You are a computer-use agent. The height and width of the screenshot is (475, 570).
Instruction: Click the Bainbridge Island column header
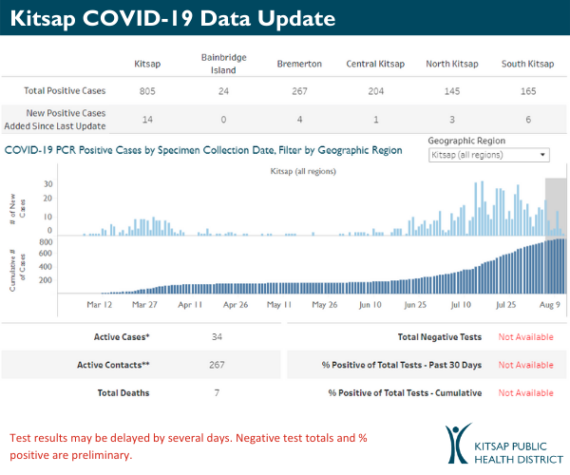click(x=224, y=63)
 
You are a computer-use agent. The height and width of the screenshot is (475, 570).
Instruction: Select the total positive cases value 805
click(x=145, y=90)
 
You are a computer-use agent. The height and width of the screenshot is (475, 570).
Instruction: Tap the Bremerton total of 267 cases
click(x=299, y=90)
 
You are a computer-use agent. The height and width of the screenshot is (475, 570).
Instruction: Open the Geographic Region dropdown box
click(x=489, y=155)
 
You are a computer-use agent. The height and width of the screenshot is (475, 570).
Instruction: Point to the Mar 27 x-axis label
click(x=145, y=305)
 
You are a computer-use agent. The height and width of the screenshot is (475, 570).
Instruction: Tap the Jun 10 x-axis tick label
click(x=370, y=305)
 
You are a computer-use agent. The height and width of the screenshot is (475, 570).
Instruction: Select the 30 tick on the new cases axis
click(x=47, y=184)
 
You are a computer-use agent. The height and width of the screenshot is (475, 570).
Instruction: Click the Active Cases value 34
click(x=218, y=337)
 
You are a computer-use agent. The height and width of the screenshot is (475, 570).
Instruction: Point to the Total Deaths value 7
click(x=218, y=392)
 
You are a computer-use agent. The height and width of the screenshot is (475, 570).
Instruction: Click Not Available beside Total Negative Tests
click(x=525, y=337)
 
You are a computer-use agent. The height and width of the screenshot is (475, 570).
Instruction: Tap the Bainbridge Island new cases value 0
click(x=224, y=120)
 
